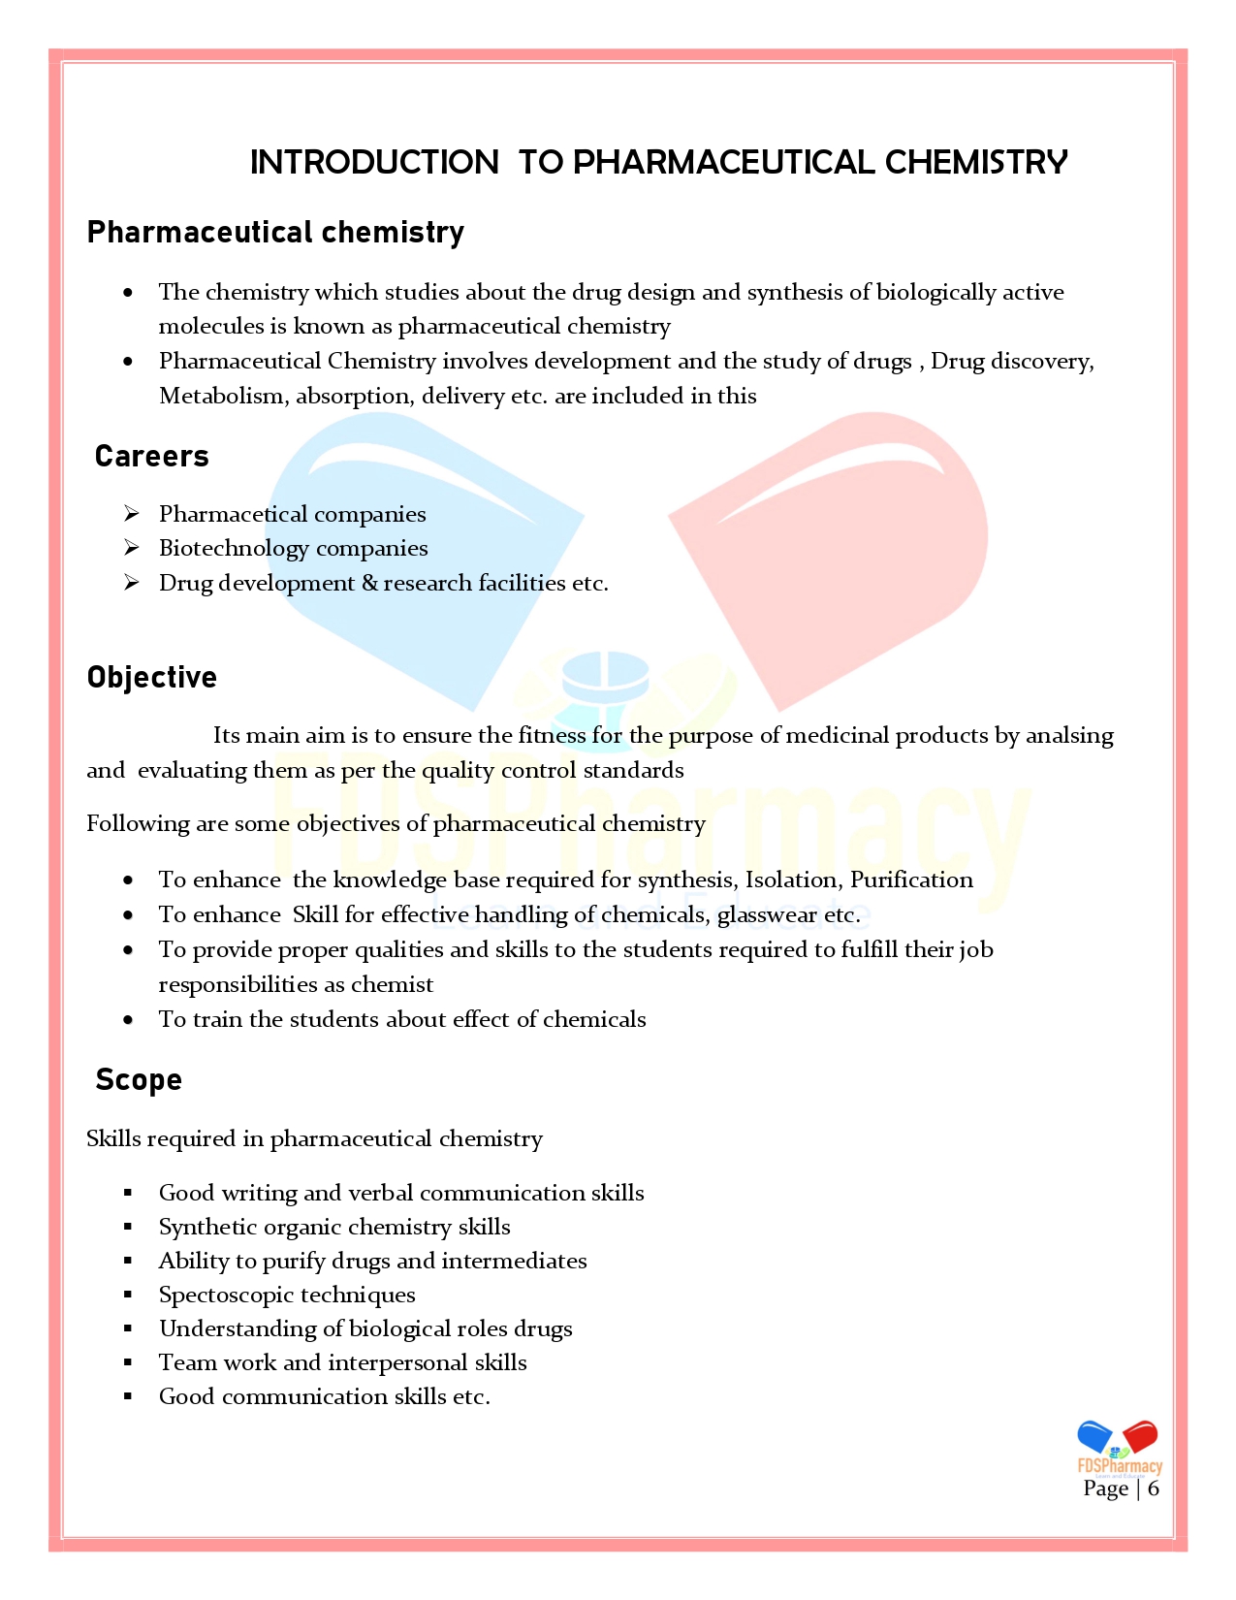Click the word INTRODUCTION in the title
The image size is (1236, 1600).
click(x=374, y=162)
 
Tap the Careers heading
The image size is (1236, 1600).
click(x=152, y=456)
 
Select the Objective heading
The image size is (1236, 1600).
click(x=152, y=677)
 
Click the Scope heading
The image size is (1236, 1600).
click(x=139, y=1079)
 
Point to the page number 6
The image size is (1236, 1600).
click(x=1154, y=1488)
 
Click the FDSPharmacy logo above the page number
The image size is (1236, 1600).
click(x=1120, y=1447)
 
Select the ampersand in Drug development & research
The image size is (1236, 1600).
click(x=369, y=583)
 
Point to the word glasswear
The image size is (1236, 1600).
click(x=767, y=914)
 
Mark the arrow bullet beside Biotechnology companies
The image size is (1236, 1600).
click(x=132, y=548)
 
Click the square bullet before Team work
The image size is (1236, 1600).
click(x=128, y=1362)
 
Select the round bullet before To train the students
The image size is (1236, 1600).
click(x=128, y=1019)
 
